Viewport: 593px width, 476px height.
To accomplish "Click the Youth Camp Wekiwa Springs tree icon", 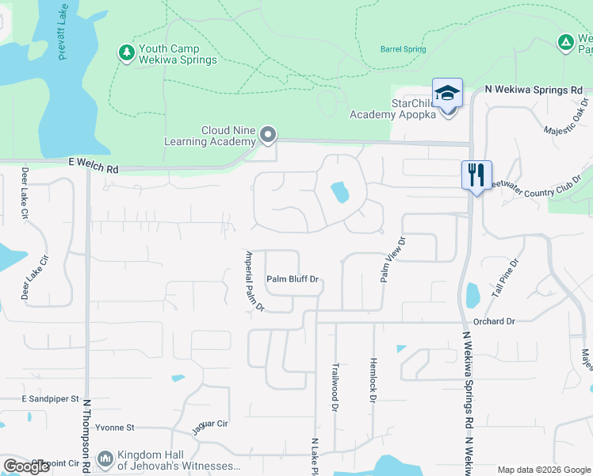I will (126, 53).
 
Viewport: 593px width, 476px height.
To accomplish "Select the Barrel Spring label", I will (403, 49).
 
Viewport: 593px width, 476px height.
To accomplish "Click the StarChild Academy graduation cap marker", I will (447, 94).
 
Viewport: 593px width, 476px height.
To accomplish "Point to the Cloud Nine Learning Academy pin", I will (268, 135).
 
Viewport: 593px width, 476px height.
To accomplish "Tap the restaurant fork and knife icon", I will (476, 175).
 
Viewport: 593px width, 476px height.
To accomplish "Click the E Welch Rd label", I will (92, 169).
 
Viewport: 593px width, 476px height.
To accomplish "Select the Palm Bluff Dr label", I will (292, 279).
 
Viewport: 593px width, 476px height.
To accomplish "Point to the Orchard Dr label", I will (494, 321).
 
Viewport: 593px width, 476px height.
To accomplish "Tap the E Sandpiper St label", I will (51, 398).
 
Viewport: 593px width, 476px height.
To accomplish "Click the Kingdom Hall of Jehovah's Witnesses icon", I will (105, 459).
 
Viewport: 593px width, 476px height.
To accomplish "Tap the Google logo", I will (26, 466).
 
